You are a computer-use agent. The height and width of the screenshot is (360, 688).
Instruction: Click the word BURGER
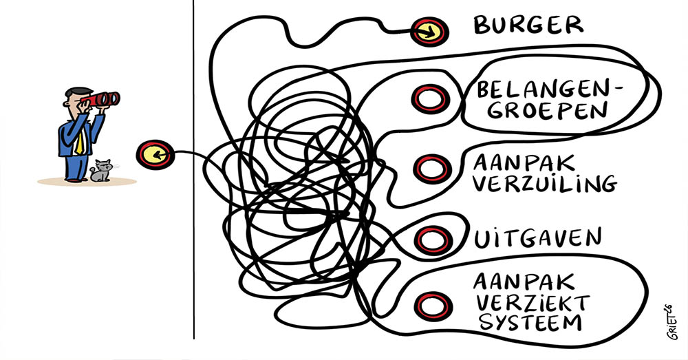point(528,25)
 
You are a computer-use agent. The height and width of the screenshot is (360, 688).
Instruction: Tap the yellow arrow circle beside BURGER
point(429,30)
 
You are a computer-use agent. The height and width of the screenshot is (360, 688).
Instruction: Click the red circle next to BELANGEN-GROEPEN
point(430,98)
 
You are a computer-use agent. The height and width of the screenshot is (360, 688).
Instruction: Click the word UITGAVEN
point(537,237)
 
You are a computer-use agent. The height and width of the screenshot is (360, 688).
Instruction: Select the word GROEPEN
point(534,110)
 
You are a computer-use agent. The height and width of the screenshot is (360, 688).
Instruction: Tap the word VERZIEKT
point(534,301)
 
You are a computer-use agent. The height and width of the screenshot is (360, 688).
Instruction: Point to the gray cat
point(101,171)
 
